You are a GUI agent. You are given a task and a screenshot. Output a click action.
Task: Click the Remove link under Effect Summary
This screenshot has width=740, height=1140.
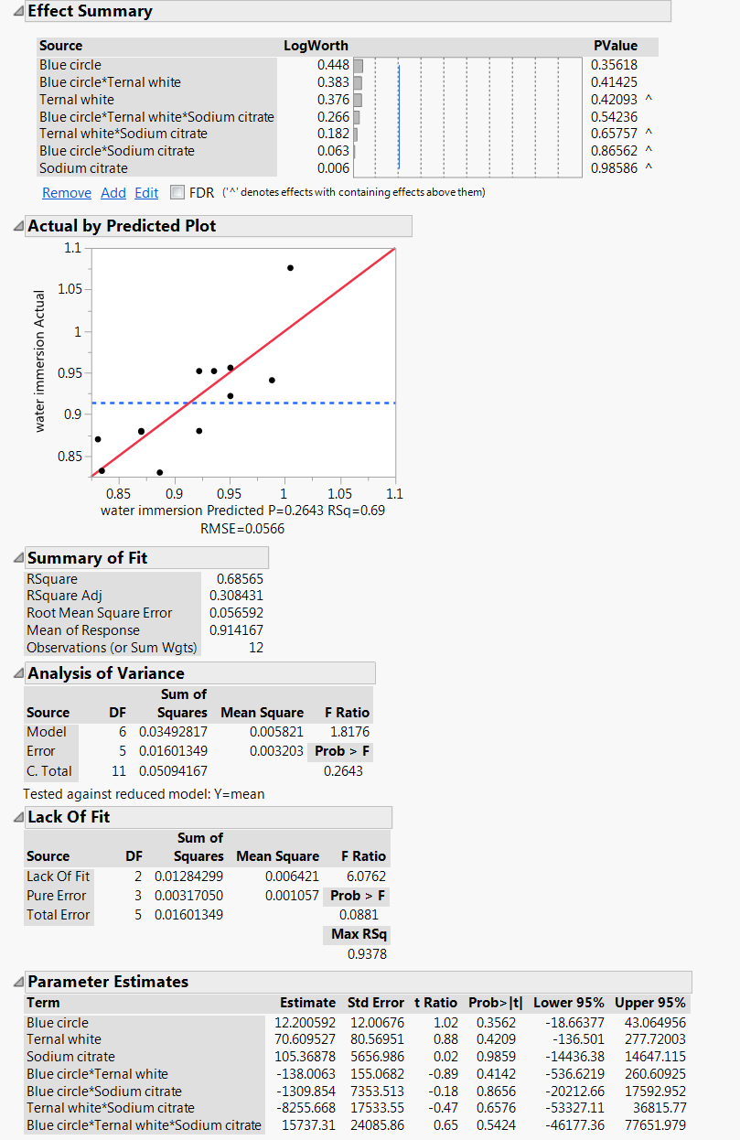(67, 193)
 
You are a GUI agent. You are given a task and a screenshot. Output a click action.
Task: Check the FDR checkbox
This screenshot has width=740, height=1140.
(177, 193)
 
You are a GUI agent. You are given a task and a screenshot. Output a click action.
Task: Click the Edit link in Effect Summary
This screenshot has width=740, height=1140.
(146, 193)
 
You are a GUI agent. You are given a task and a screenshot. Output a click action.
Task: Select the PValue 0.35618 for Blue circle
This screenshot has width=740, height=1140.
(615, 65)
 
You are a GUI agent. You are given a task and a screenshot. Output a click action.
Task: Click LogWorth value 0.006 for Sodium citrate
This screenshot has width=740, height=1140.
(333, 168)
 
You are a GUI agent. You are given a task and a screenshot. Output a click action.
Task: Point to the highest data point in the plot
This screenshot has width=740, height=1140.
(290, 268)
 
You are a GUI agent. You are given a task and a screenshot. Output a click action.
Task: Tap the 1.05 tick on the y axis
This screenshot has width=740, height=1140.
(70, 289)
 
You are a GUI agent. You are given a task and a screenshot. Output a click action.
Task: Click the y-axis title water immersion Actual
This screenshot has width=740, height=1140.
(39, 361)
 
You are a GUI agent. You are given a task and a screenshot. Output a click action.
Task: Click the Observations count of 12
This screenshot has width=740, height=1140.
(255, 648)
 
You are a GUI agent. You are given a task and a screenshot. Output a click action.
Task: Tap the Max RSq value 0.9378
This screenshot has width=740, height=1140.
(367, 954)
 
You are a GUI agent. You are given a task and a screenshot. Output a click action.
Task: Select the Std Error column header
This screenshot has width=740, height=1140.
(375, 1003)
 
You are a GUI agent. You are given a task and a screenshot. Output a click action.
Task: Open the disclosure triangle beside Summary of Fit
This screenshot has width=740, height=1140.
(19, 558)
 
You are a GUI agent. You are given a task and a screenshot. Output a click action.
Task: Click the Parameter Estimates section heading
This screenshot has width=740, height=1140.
(108, 982)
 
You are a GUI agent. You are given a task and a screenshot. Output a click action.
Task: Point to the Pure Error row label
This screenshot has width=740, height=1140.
(57, 896)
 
